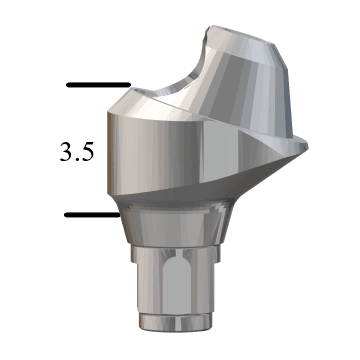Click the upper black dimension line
coord(98,85)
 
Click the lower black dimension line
coord(93,214)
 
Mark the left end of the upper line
coord(67,85)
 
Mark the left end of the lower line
coord(66,214)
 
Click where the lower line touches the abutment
coord(120,214)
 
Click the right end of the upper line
coord(129,85)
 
